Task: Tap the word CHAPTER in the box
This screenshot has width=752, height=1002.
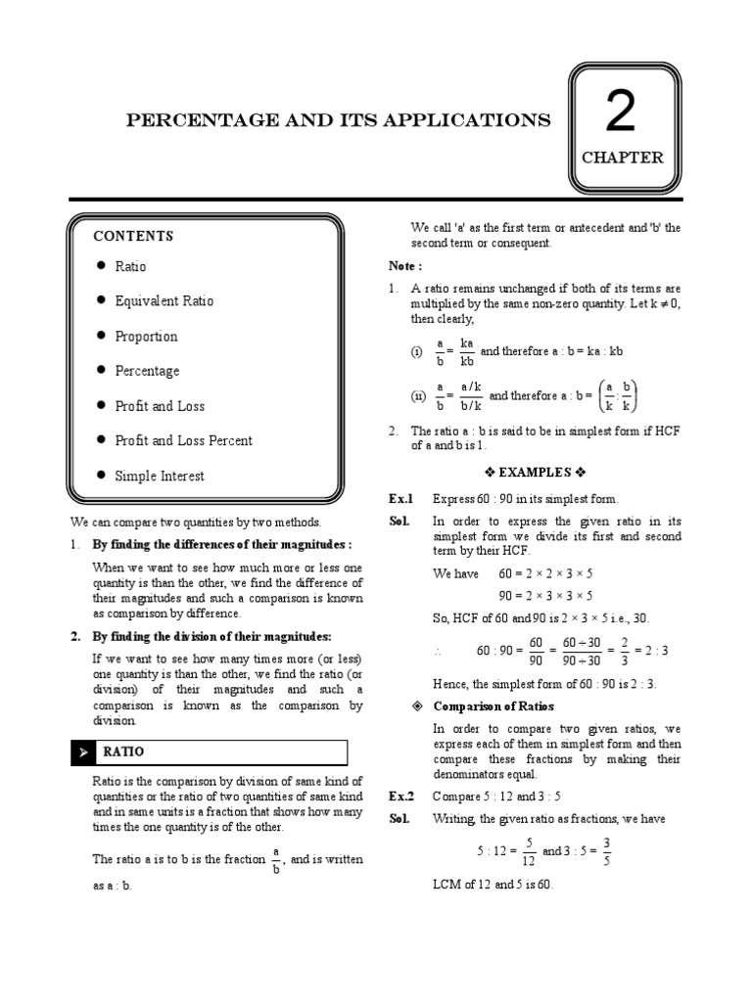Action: tap(622, 158)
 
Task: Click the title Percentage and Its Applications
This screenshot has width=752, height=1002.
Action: tap(338, 120)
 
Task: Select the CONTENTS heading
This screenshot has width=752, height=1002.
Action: tap(133, 236)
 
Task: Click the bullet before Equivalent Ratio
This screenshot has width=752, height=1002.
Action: tap(101, 300)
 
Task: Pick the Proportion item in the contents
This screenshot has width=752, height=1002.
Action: tap(146, 337)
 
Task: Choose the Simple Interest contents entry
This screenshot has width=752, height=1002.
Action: tap(160, 476)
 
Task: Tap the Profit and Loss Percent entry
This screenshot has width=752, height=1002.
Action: tap(183, 440)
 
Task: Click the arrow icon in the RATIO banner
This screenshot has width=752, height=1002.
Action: tap(84, 752)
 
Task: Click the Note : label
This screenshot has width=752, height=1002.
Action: tap(405, 266)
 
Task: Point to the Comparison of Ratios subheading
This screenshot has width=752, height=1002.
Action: tap(495, 706)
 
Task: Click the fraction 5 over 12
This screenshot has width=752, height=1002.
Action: tap(529, 851)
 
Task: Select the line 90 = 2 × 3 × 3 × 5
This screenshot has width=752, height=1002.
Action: tap(545, 595)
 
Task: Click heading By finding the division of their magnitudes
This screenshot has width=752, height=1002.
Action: tap(211, 636)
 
